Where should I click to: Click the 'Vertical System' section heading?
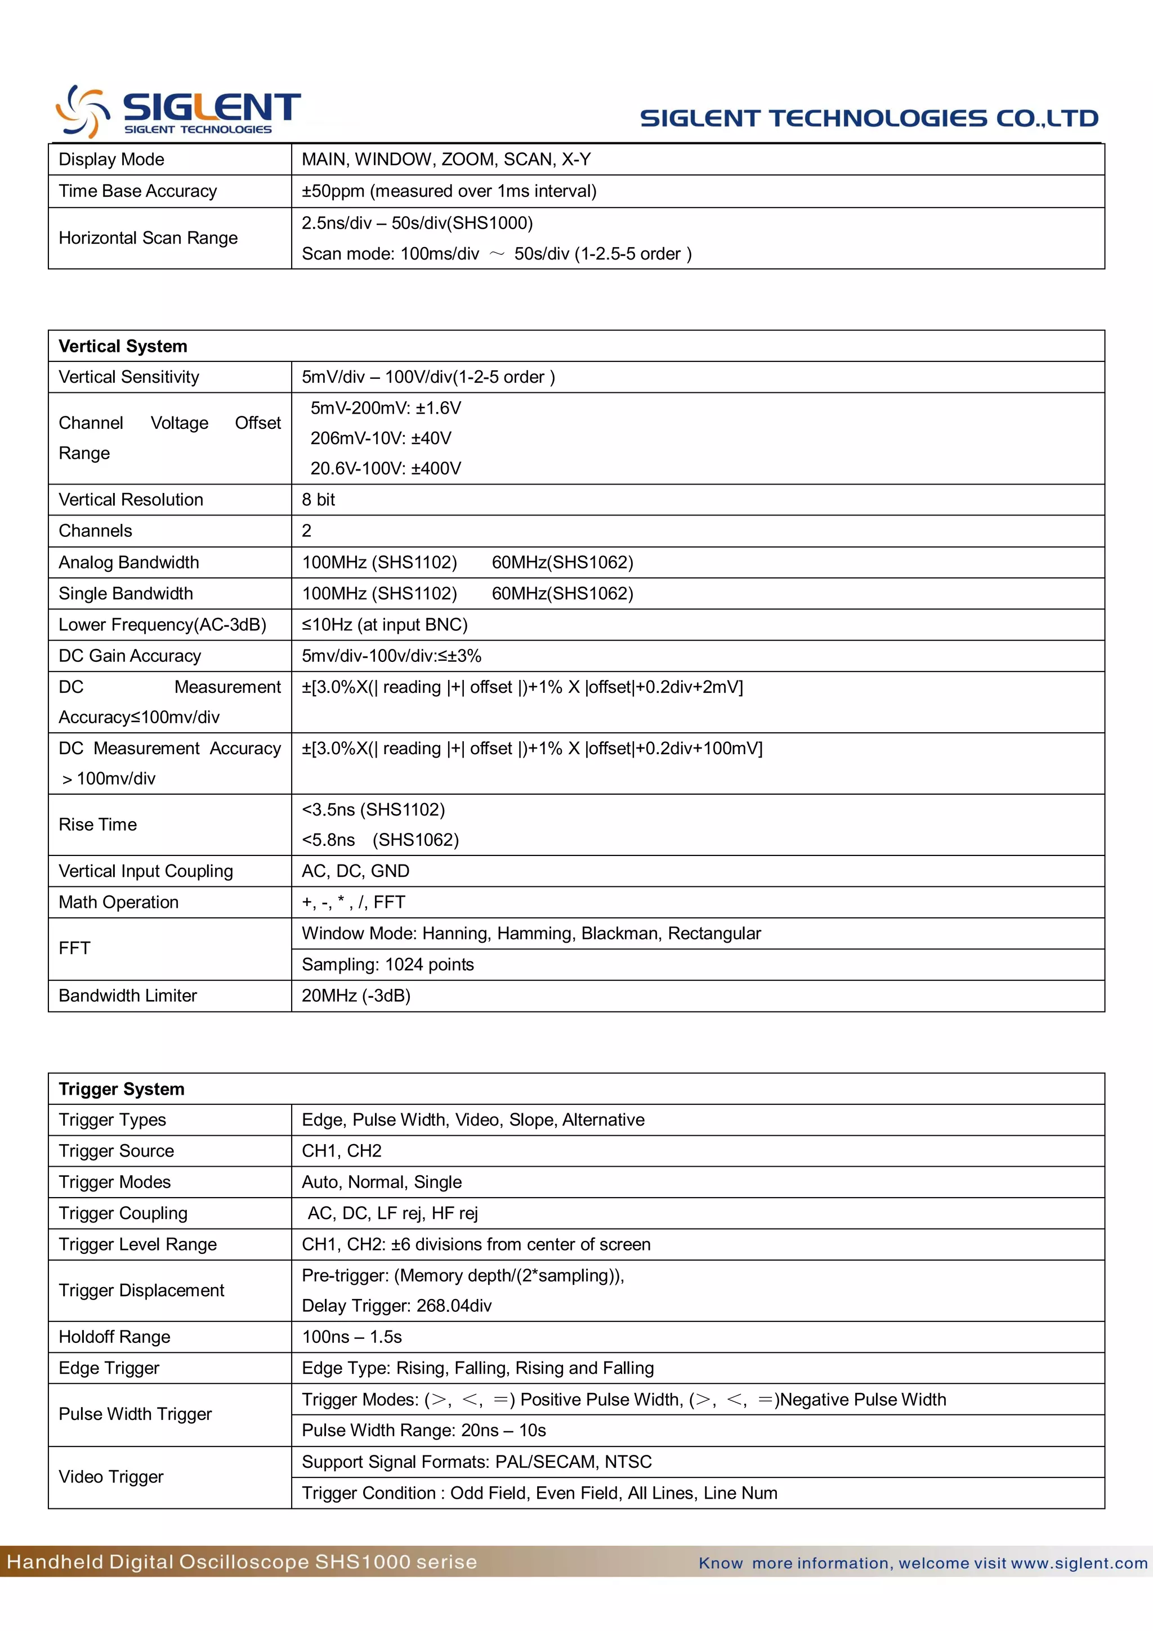coord(123,346)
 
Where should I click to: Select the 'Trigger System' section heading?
coord(122,1089)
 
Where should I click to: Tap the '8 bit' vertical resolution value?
coord(318,499)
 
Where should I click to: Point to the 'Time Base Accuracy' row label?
coord(138,191)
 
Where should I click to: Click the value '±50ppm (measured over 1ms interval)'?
coord(449,191)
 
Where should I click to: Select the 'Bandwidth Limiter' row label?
coord(128,995)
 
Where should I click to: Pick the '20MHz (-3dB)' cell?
coord(356,995)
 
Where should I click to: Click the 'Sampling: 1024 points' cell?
coord(388,964)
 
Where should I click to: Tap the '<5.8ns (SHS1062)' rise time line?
coord(380,840)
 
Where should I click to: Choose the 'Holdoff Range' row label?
coord(114,1337)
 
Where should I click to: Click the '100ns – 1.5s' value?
coord(352,1337)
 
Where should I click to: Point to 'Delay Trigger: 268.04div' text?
coord(396,1306)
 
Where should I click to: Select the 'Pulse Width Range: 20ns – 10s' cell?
coord(423,1430)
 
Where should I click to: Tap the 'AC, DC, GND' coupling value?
coord(355,871)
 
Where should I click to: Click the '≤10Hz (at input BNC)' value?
coord(385,624)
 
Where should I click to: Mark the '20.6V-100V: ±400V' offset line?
coord(386,468)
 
